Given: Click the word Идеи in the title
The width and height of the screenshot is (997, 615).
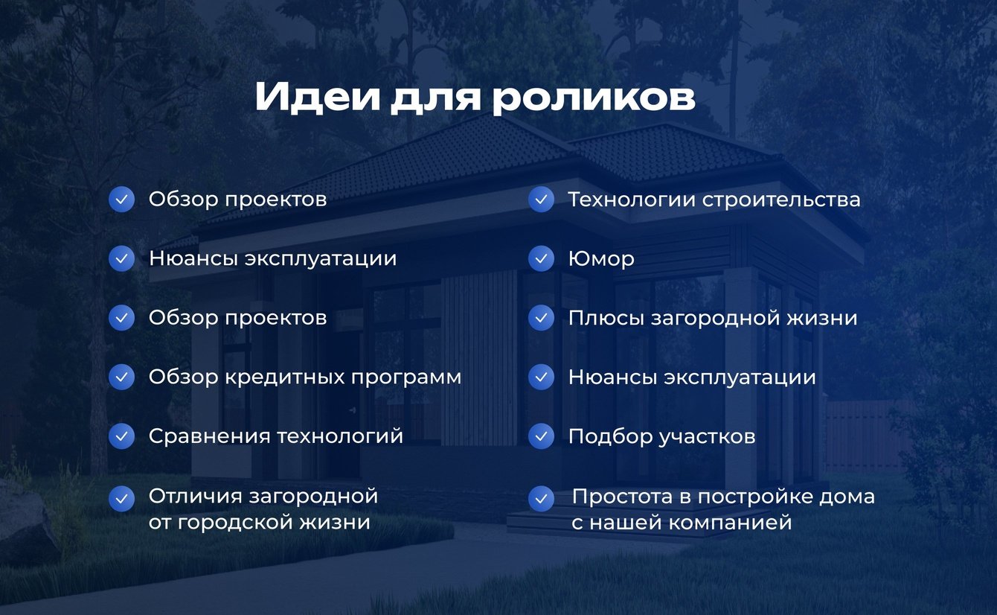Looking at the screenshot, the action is point(318,97).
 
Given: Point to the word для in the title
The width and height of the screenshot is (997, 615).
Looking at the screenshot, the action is point(436,99).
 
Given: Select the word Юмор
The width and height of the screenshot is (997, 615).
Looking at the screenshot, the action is point(601,258).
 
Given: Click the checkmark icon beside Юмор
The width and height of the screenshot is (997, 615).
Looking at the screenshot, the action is point(541,258).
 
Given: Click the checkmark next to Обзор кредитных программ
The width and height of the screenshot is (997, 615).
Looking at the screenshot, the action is point(121,377).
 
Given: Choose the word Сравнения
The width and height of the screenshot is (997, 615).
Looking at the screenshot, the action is point(209,436).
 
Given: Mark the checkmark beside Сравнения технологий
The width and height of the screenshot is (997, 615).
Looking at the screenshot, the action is point(121,436).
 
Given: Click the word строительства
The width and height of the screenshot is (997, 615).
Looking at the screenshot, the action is point(781,200).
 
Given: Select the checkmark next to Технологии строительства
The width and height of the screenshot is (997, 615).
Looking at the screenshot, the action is point(541,199).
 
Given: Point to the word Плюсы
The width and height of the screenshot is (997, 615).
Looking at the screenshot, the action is point(606,319).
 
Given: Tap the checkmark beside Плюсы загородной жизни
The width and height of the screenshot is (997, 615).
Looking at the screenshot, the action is point(541,318).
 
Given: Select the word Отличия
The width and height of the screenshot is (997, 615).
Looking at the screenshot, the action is point(196,496).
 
